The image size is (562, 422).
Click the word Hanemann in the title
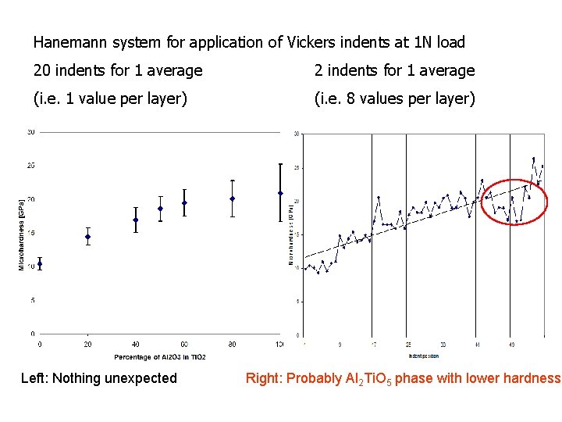tap(67, 42)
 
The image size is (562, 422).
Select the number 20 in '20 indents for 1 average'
tap(43, 71)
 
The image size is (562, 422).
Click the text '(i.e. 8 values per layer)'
tap(394, 99)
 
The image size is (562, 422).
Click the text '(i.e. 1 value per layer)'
tap(110, 99)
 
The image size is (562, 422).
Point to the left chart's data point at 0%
tap(40, 264)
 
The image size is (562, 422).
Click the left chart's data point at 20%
tap(88, 237)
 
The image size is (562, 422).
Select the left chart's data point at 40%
tap(136, 220)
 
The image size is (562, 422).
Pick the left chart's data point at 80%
tap(233, 198)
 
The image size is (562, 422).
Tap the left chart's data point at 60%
tap(184, 203)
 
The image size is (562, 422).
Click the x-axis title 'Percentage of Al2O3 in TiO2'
tap(160, 357)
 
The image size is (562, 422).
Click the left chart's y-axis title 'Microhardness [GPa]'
tap(22, 233)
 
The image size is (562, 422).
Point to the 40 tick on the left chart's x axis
tap(136, 344)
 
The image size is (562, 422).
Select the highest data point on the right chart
tap(534, 159)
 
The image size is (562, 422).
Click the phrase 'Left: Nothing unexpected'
tap(99, 379)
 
